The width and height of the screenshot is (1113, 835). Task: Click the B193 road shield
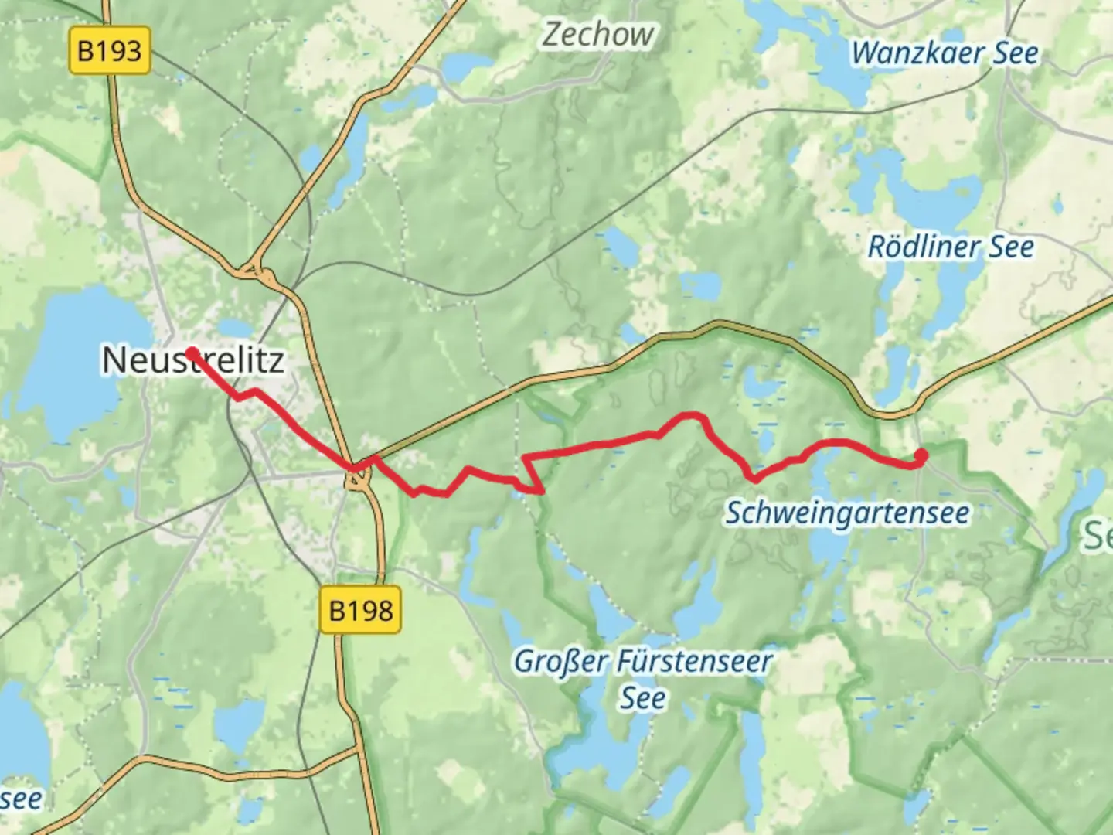(x=110, y=51)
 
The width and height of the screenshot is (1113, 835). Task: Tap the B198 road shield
(x=361, y=610)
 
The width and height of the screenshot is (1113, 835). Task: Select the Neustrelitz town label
(x=193, y=360)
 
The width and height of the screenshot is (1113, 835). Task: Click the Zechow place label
(x=597, y=35)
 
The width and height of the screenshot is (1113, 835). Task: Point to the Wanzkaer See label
(x=945, y=53)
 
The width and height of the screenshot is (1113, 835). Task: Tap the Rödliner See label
(x=950, y=247)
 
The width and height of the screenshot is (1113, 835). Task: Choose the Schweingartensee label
(x=846, y=513)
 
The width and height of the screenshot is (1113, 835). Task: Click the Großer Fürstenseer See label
(x=642, y=680)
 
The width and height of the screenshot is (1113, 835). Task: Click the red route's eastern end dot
(x=921, y=455)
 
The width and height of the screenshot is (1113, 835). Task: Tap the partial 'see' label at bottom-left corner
(x=21, y=798)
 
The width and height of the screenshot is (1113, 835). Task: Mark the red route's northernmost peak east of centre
(x=692, y=415)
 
